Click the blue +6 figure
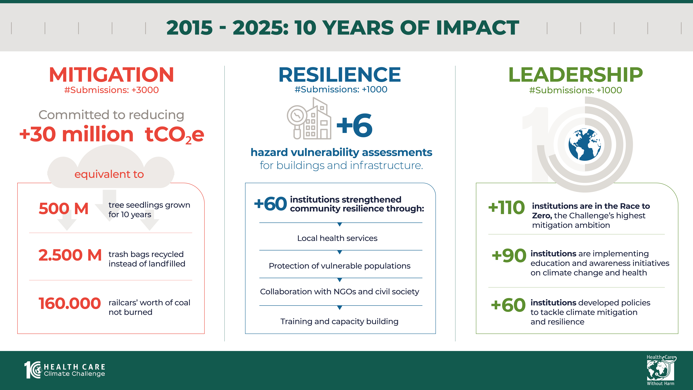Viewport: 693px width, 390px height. [x=355, y=125]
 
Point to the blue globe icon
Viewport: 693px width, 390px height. [x=585, y=145]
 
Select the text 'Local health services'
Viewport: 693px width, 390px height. [x=337, y=238]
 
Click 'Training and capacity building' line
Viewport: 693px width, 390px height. [x=339, y=321]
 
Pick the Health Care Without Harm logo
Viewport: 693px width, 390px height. [x=661, y=370]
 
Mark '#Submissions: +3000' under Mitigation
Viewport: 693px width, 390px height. [x=111, y=90]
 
